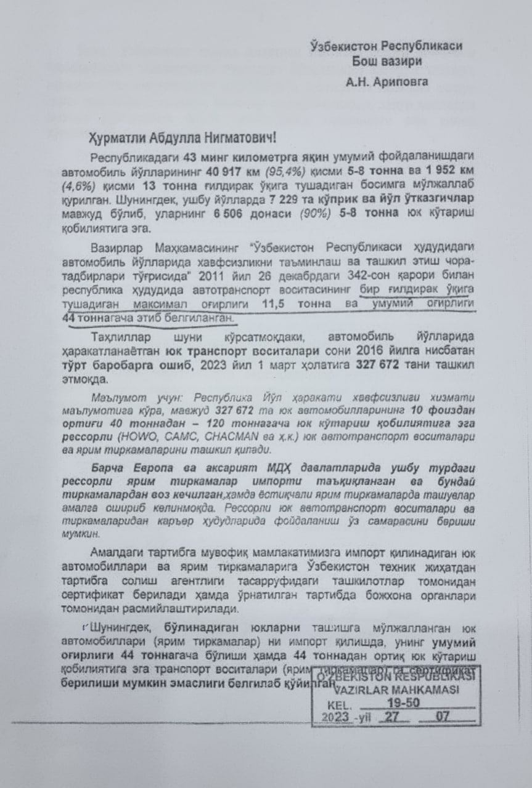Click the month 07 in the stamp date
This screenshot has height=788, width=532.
[443, 718]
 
